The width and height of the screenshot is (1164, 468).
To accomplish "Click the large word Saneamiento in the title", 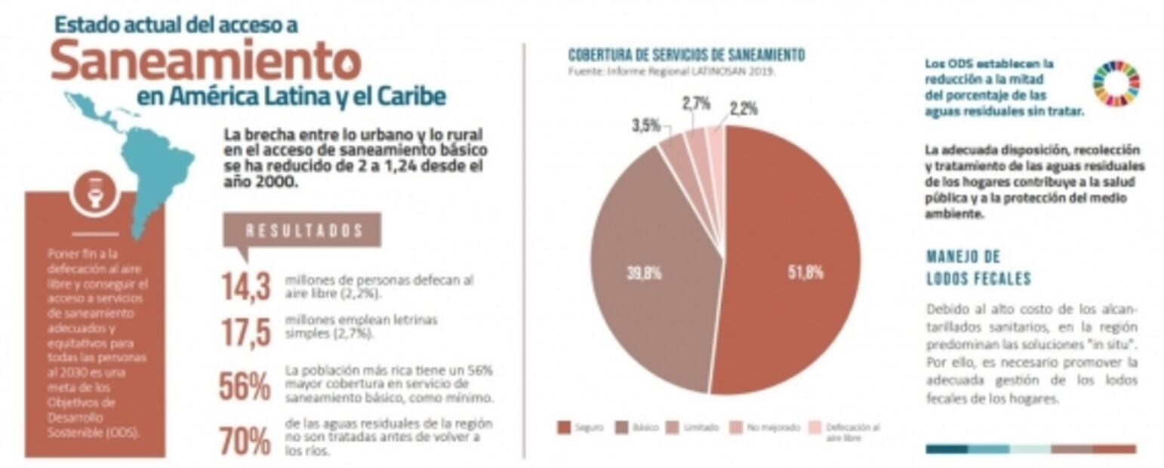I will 205,61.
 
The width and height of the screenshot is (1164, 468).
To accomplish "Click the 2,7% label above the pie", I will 697,104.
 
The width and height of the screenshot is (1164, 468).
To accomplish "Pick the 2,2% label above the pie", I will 744,109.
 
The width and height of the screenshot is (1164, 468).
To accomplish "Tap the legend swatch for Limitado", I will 674,427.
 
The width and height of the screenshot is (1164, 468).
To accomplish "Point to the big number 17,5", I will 245,333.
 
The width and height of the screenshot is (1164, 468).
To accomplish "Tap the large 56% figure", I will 245,386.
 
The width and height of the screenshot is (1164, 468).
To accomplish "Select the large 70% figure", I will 245,441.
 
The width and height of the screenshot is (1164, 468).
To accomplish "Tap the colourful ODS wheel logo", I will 1116,84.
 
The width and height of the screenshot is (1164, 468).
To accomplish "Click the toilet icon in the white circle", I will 95,191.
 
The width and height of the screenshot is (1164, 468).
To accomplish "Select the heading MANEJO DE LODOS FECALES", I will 978,267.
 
